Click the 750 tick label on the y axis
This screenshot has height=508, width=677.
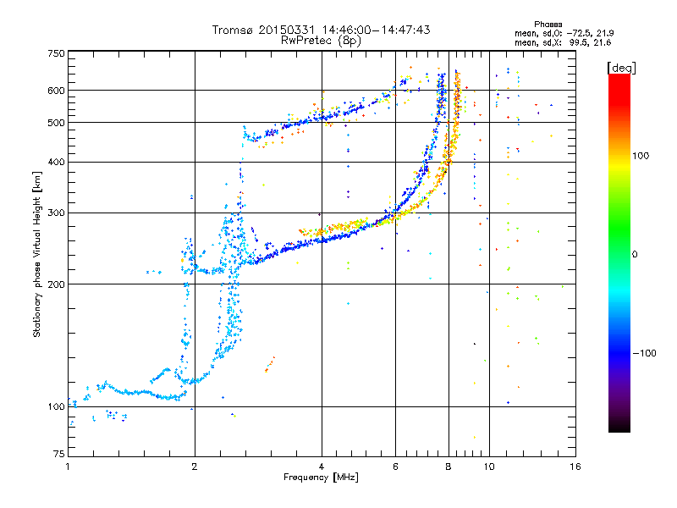coord(57,53)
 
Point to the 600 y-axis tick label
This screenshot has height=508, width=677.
coord(57,91)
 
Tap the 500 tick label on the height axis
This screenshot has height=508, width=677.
coord(57,123)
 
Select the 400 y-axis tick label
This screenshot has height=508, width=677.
coord(57,163)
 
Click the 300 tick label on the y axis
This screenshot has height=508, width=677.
coord(57,213)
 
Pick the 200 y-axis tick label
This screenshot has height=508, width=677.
coord(57,284)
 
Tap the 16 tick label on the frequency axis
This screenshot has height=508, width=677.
coord(575,467)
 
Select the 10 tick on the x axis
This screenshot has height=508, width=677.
coord(489,467)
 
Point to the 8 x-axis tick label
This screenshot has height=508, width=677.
coord(449,467)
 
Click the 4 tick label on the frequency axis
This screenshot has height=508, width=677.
coord(322,467)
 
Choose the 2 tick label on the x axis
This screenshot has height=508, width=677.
coord(195,467)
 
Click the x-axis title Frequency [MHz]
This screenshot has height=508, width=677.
coord(322,478)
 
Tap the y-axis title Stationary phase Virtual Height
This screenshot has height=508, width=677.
coord(37,254)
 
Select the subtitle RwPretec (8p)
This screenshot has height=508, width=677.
coord(322,40)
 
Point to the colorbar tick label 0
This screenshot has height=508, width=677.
coord(636,254)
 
